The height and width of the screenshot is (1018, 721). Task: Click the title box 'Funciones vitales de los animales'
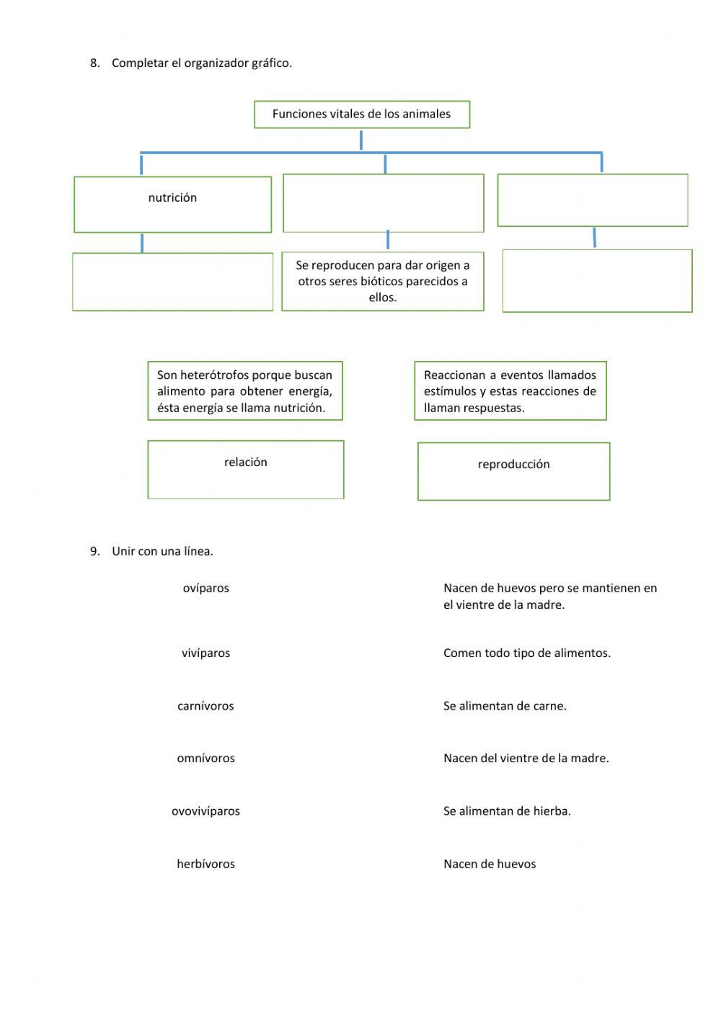pyautogui.click(x=361, y=114)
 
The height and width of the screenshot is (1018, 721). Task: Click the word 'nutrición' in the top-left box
pyautogui.click(x=172, y=197)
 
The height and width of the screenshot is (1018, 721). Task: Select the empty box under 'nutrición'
pyautogui.click(x=172, y=282)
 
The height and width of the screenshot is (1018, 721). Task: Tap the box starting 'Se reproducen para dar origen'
pyautogui.click(x=382, y=281)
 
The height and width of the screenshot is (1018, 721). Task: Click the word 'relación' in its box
pyautogui.click(x=245, y=463)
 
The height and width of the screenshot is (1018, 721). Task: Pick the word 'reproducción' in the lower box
pyautogui.click(x=513, y=465)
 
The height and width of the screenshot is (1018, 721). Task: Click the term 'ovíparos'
pyautogui.click(x=205, y=588)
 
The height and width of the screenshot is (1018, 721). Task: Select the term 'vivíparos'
pyautogui.click(x=205, y=653)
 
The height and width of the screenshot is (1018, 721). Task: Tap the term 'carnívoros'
pyautogui.click(x=205, y=706)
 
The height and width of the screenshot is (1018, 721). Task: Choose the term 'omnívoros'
pyautogui.click(x=205, y=759)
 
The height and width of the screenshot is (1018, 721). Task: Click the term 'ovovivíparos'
pyautogui.click(x=205, y=811)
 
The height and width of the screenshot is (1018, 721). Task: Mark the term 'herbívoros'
pyautogui.click(x=205, y=864)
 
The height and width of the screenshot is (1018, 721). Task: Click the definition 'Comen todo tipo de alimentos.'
pyautogui.click(x=526, y=653)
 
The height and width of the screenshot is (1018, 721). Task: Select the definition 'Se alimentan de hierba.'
pyautogui.click(x=507, y=811)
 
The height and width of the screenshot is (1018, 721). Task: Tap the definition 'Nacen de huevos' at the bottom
pyautogui.click(x=490, y=864)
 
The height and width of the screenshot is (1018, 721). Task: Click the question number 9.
pyautogui.click(x=94, y=551)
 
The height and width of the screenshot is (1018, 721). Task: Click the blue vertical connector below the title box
pyautogui.click(x=360, y=140)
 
